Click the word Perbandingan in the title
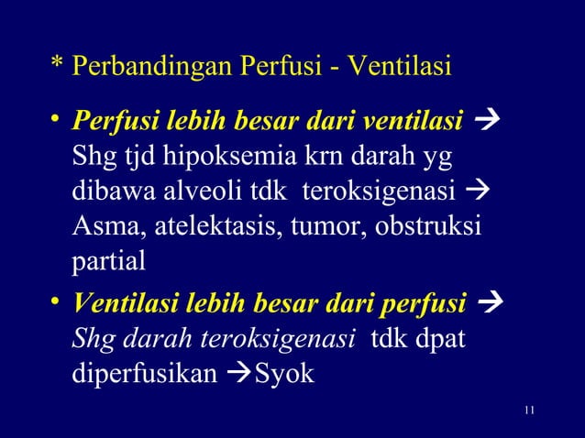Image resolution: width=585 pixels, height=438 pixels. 154,69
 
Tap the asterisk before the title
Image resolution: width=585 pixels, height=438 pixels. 57,66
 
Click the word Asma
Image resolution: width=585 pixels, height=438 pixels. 101,225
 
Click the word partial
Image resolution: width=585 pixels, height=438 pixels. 108,259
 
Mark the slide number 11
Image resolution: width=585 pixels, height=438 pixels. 526,409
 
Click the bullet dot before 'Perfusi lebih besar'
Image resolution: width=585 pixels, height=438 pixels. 57,117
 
